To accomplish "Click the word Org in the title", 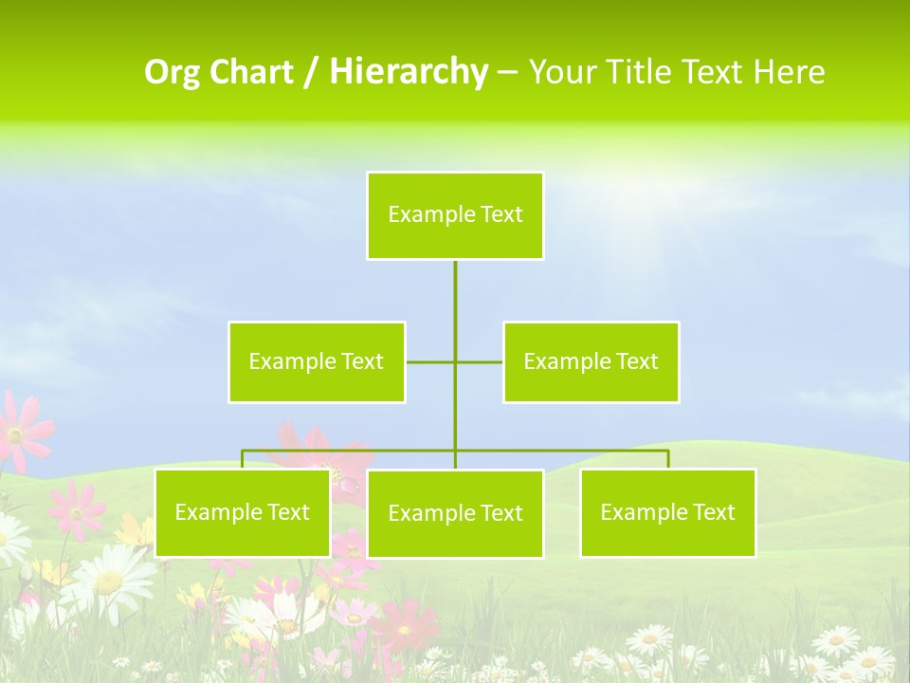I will [x=172, y=72].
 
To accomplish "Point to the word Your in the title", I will [x=561, y=72].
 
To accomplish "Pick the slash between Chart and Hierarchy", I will [x=310, y=72].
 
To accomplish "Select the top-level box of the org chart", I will [x=455, y=215].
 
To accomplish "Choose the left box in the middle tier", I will [x=317, y=361].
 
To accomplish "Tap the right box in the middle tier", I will [x=591, y=361].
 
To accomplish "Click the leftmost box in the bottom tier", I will [x=242, y=513].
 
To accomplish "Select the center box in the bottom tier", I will [x=455, y=514].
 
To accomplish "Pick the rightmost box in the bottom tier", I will [x=667, y=513].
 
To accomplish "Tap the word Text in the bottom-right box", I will [x=714, y=512].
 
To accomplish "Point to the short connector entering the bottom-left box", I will [x=242, y=459].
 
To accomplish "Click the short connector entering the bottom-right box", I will [x=668, y=459].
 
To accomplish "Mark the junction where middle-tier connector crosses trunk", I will [x=455, y=361].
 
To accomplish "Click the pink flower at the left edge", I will [x=19, y=432].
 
